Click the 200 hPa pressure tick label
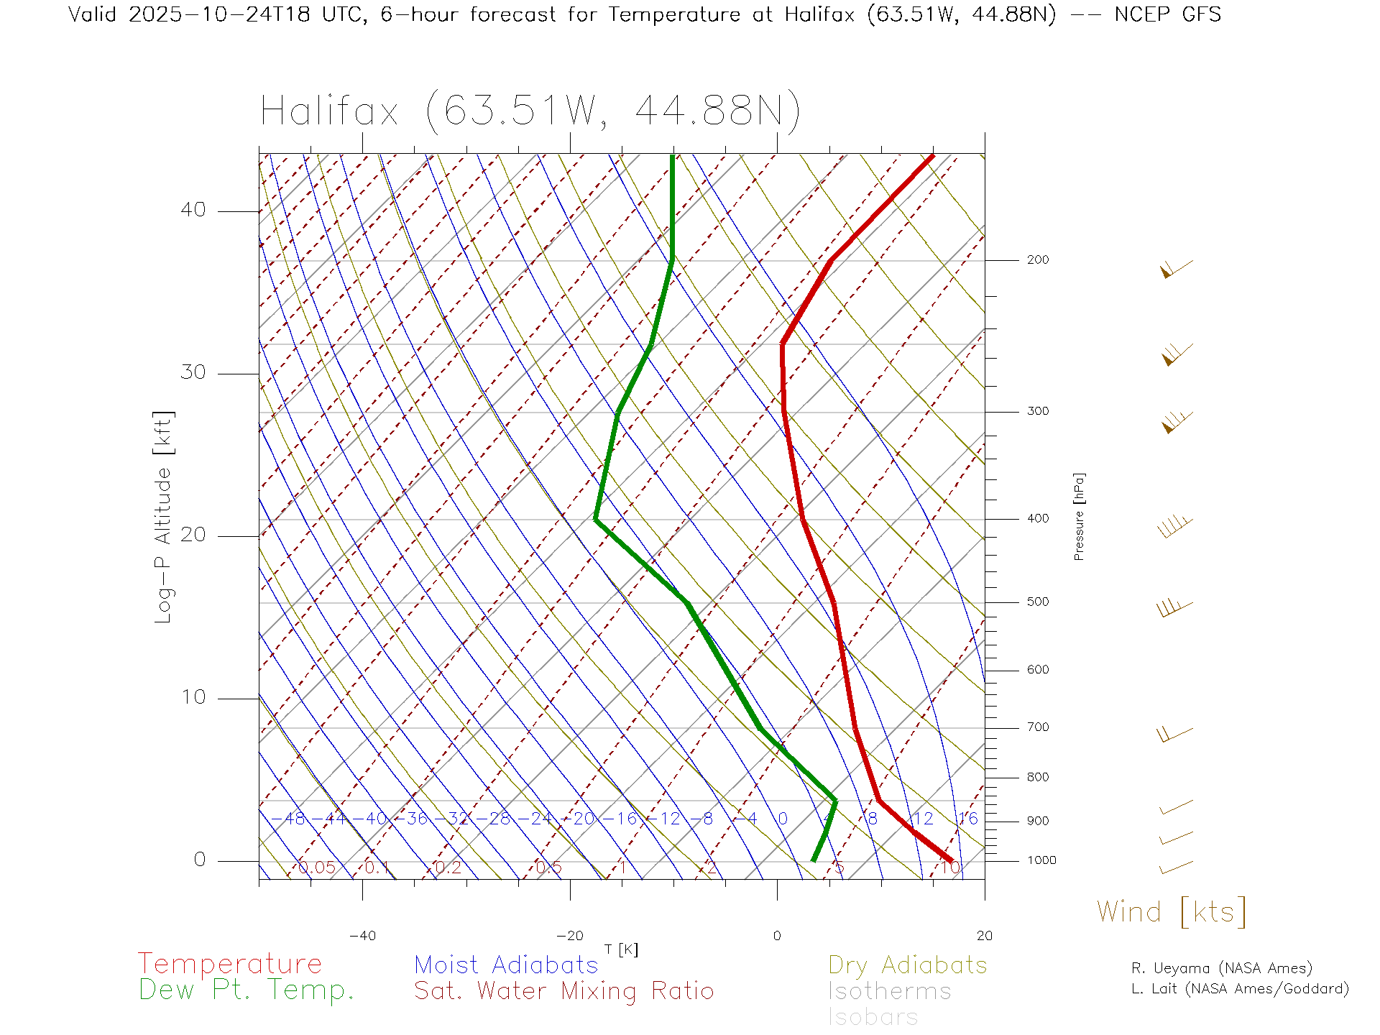click(x=1037, y=260)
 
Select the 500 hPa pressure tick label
click(x=1037, y=602)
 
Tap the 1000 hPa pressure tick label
click(x=1041, y=860)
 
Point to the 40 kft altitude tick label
click(x=193, y=210)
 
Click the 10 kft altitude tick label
click(x=193, y=697)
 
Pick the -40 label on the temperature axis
click(x=362, y=936)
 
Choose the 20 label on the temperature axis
click(x=984, y=936)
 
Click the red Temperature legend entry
click(x=230, y=964)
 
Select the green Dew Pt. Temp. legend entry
click(x=247, y=990)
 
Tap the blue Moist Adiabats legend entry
click(x=506, y=965)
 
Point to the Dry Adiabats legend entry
click(x=907, y=965)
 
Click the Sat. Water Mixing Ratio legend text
click(x=563, y=991)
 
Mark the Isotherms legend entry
click(x=889, y=991)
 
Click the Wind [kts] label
click(x=1172, y=912)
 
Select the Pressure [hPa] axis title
click(x=1079, y=516)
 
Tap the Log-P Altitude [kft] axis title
click(x=163, y=517)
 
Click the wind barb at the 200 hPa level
click(x=1176, y=270)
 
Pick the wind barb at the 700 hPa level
click(x=1174, y=734)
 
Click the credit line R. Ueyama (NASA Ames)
click(x=1221, y=968)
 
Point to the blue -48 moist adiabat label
click(x=289, y=819)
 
